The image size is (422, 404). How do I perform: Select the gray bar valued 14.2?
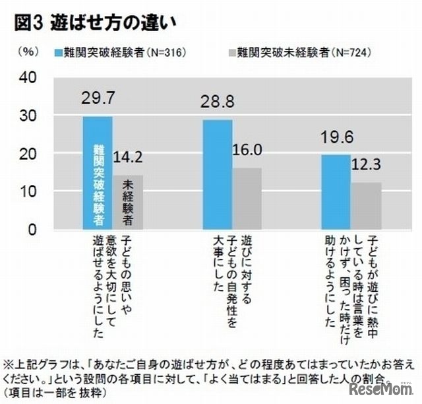(127, 202)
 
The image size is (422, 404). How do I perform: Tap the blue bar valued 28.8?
(217, 174)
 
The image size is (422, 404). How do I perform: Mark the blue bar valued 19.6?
(336, 192)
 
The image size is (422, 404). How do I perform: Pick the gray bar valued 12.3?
(367, 206)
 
